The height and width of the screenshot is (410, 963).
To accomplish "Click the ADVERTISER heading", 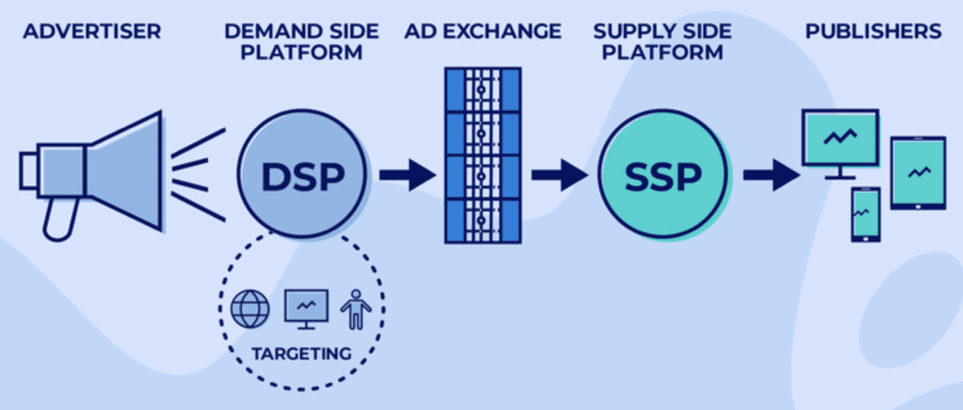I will point(92,31).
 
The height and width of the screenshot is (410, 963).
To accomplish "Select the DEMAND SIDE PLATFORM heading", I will point(302,42).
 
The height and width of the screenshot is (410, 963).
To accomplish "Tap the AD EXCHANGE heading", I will point(483,31).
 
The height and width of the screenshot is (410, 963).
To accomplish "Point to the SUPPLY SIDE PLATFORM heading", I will point(662,42).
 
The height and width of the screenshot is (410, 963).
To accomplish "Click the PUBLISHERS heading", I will point(873,31).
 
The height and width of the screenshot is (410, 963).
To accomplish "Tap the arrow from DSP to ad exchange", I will point(407,175).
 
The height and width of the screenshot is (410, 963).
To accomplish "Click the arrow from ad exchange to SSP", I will point(559,175).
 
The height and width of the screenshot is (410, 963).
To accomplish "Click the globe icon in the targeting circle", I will point(250,309).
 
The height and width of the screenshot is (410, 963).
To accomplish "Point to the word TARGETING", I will point(302,353).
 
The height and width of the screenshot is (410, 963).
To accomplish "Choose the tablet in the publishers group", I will point(918,172).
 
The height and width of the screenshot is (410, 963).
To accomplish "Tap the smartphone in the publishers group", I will point(865,214).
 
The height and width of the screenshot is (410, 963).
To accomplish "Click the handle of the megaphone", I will point(57,220).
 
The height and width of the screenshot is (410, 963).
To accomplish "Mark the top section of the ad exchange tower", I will point(483,89).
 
